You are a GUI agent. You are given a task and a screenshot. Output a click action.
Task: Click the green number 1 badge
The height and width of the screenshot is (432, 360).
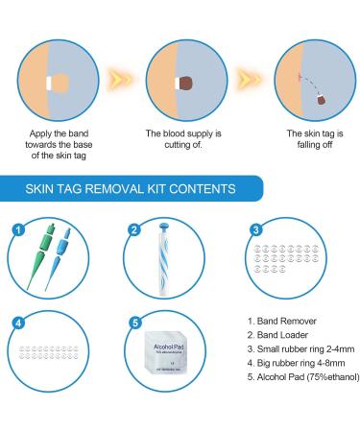(16, 229)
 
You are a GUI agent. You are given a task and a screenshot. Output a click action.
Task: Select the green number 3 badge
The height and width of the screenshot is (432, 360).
(255, 229)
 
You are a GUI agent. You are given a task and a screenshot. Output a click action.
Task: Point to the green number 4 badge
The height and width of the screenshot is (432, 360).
(16, 323)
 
